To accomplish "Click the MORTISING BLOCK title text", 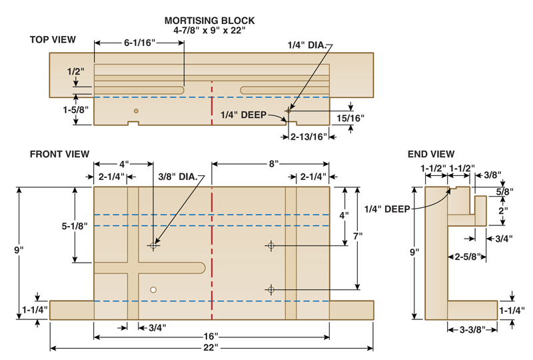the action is [209, 21].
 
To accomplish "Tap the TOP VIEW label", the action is [53, 40].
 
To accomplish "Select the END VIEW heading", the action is [431, 155].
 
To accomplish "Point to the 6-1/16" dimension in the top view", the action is [139, 43].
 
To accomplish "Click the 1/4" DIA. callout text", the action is [307, 45].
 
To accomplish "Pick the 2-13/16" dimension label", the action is [308, 137].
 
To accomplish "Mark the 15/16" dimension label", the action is [350, 119].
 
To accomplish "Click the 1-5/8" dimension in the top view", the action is [75, 110].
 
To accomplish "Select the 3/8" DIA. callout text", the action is [178, 177].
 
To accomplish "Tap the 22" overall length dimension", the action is [211, 348].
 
